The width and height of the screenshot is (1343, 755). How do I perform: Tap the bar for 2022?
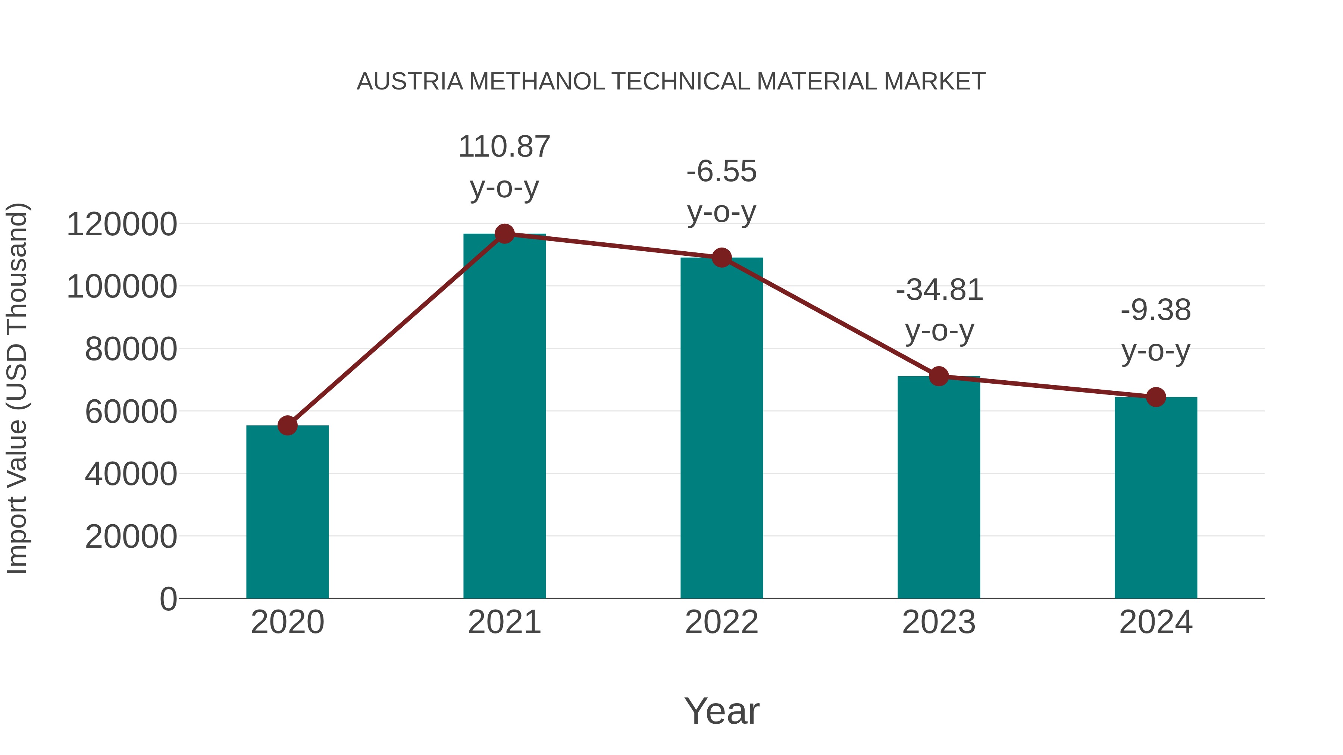pos(721,428)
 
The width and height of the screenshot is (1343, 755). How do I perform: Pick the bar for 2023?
pos(939,487)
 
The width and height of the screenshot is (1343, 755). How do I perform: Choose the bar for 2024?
pos(1156,498)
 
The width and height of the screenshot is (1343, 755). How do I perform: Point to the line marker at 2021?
pos(504,234)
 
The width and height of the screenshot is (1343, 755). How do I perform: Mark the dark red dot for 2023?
pos(939,376)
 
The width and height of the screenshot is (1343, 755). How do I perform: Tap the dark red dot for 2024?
pos(1156,397)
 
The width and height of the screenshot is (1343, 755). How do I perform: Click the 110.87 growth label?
pos(504,147)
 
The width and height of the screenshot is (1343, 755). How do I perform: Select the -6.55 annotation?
pos(721,172)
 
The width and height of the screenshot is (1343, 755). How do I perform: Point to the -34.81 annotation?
pos(939,290)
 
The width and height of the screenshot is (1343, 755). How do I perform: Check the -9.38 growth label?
pos(1156,311)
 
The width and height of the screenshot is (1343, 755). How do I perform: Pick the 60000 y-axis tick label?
pos(131,412)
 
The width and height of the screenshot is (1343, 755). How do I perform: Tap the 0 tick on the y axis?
pos(168,599)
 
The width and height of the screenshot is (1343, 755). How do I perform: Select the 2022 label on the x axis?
pos(721,622)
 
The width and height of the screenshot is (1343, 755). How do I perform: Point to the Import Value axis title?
pos(17,388)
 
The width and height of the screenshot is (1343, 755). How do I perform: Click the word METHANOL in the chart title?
pos(536,82)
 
